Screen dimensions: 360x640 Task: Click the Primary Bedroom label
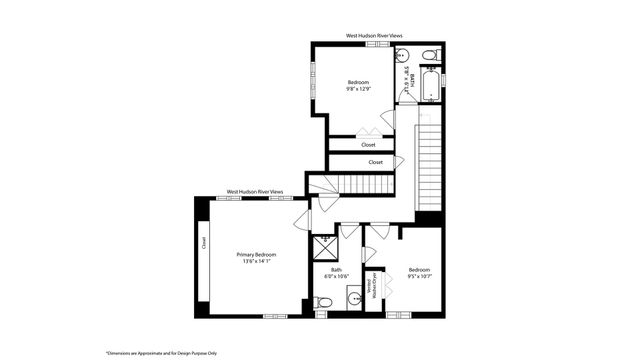(256, 255)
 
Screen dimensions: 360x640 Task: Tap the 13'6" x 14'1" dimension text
(256, 262)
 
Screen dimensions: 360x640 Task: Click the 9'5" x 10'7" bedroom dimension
(419, 277)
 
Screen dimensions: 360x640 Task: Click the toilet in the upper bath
(427, 54)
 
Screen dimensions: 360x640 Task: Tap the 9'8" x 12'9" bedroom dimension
(358, 89)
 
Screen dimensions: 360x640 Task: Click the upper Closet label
(369, 144)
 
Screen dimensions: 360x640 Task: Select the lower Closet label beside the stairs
(375, 162)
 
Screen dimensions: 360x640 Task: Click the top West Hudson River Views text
(367, 35)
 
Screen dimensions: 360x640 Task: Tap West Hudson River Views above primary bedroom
(255, 191)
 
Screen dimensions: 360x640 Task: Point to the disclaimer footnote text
(159, 353)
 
